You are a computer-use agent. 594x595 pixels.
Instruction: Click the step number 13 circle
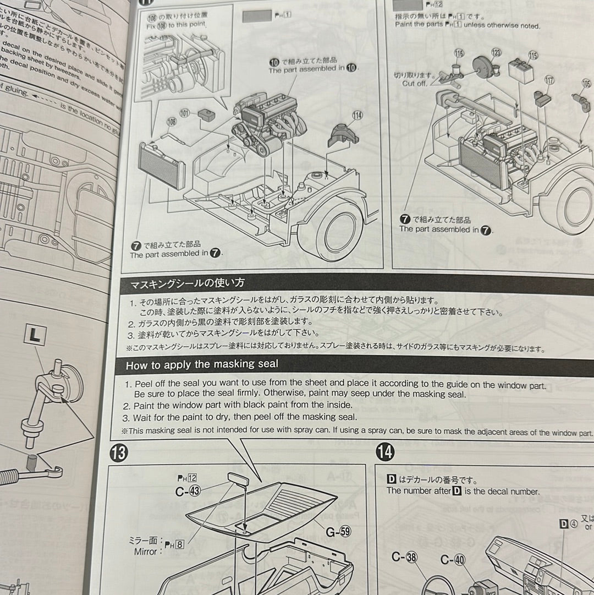(119, 453)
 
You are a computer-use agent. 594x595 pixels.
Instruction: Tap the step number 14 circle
(386, 452)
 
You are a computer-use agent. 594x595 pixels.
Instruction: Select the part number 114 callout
(358, 115)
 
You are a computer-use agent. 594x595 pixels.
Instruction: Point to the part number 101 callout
(185, 114)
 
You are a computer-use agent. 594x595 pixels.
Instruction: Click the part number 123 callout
(497, 53)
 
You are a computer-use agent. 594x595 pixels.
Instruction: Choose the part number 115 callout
(533, 56)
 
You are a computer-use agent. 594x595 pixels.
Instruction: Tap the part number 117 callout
(549, 80)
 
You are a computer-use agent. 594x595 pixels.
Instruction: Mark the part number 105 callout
(586, 84)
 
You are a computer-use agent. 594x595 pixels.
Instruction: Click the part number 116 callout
(459, 53)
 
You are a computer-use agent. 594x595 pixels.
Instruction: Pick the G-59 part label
(337, 532)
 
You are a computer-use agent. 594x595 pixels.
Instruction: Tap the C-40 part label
(453, 560)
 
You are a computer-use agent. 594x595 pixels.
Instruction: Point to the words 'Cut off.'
(415, 83)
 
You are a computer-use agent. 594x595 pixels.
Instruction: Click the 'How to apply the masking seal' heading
(202, 364)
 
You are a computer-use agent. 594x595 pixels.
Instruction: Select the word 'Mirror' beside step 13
(145, 551)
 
